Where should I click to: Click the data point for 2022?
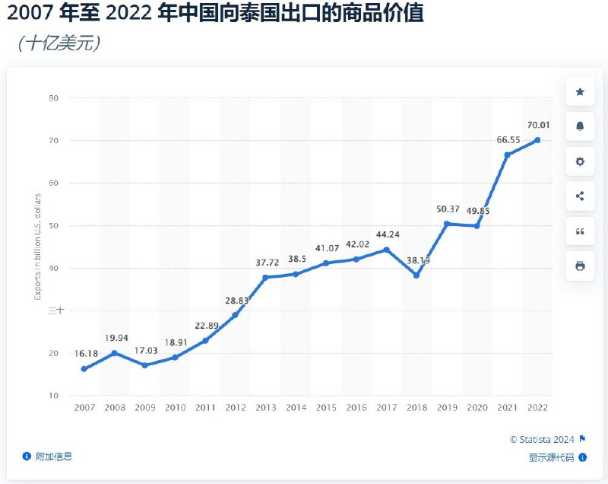click(537, 139)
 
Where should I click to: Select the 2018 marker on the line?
click(416, 275)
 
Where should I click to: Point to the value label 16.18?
click(84, 353)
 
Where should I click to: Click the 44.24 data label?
click(386, 234)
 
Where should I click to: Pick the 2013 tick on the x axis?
click(265, 408)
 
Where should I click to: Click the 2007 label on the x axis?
click(84, 408)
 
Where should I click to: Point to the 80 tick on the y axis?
click(54, 97)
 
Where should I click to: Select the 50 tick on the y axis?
click(54, 225)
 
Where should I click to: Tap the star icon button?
click(580, 92)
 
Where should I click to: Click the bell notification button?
click(580, 126)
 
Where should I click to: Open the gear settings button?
click(580, 161)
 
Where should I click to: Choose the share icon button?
click(580, 196)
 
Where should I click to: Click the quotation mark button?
click(580, 231)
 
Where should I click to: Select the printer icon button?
click(580, 266)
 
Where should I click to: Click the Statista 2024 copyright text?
click(543, 439)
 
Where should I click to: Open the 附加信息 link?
click(52, 457)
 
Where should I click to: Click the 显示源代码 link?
click(553, 457)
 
